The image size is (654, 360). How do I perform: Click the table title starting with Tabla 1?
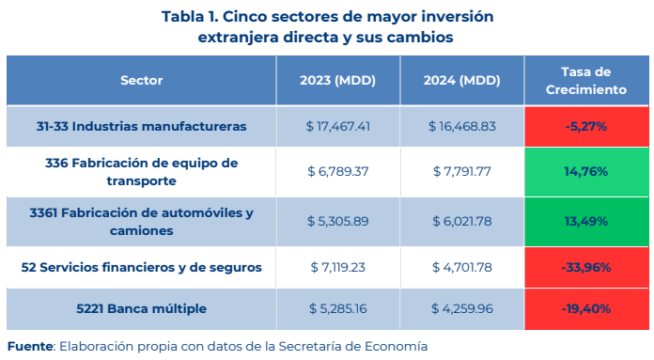point(327,26)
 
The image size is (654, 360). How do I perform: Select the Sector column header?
point(141,80)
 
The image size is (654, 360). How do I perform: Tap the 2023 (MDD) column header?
point(338,80)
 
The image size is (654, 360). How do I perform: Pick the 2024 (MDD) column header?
point(461,80)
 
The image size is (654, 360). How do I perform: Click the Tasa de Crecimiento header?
point(586,81)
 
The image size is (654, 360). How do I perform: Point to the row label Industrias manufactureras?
point(141,126)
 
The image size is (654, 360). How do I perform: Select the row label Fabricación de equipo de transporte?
point(141,172)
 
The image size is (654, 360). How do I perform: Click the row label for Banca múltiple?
point(141,308)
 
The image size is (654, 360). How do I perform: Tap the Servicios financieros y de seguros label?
point(141,267)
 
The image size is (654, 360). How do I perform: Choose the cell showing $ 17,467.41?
point(338,126)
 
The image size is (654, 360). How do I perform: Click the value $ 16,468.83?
point(462,126)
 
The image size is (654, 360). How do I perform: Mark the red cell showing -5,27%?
point(586,126)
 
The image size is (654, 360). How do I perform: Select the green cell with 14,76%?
point(586,172)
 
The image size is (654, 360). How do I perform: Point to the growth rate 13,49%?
point(586,221)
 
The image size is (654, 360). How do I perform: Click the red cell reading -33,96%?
point(586,267)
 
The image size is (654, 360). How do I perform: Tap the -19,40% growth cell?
point(586,308)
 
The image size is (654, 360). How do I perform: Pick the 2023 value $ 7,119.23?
point(338,267)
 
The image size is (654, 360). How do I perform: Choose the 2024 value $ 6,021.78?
point(462,221)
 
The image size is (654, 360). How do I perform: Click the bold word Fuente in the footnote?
point(30,346)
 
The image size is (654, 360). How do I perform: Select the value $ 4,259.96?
point(462,308)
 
